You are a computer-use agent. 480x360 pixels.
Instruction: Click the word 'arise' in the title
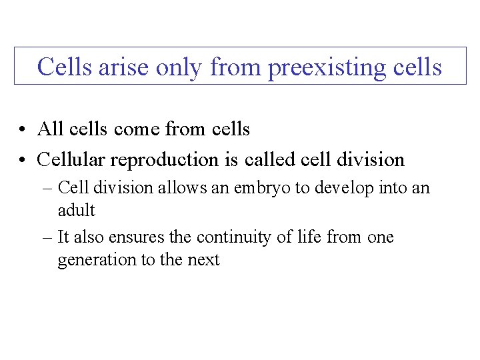[120, 67]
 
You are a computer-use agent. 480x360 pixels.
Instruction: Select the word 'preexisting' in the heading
[323, 68]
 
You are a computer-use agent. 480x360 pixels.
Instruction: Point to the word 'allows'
[182, 188]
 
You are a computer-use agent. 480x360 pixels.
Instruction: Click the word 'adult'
[77, 211]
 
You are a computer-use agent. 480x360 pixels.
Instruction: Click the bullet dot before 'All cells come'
[23, 129]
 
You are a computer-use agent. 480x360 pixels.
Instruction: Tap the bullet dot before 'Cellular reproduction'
[23, 161]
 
